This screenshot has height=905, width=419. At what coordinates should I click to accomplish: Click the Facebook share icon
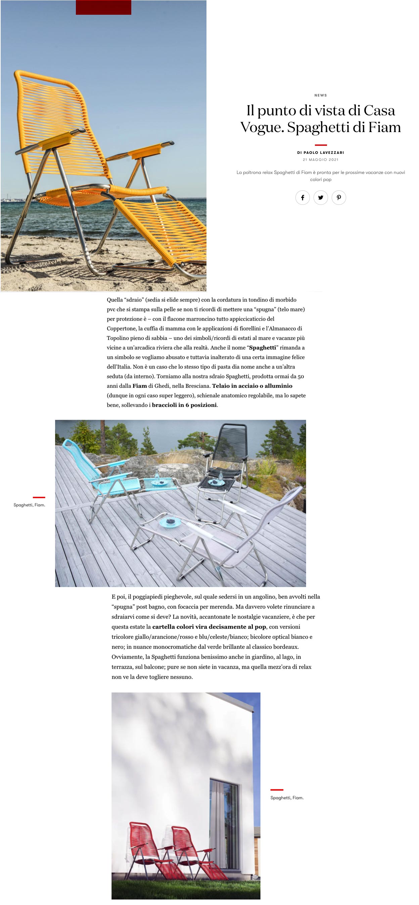(302, 197)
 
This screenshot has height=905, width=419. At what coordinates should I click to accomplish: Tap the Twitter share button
(321, 197)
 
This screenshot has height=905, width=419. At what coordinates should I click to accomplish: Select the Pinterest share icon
(339, 197)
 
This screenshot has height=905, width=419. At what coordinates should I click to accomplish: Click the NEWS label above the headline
(321, 95)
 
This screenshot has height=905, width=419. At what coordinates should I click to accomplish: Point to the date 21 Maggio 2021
(321, 160)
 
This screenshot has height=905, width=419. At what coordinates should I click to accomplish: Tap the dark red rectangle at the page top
(103, 7)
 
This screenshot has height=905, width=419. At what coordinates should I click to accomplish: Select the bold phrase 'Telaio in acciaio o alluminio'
(252, 386)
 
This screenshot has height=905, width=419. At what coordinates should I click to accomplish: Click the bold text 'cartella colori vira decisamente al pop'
(209, 626)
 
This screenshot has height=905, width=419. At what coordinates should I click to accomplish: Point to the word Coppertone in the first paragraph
(122, 328)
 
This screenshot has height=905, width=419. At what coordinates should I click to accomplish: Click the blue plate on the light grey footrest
(170, 522)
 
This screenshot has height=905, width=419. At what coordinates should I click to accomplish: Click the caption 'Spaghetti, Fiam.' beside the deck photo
(29, 505)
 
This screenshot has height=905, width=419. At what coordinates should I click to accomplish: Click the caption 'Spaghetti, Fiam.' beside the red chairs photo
(287, 797)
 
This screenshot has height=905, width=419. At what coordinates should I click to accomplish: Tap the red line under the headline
(321, 145)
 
